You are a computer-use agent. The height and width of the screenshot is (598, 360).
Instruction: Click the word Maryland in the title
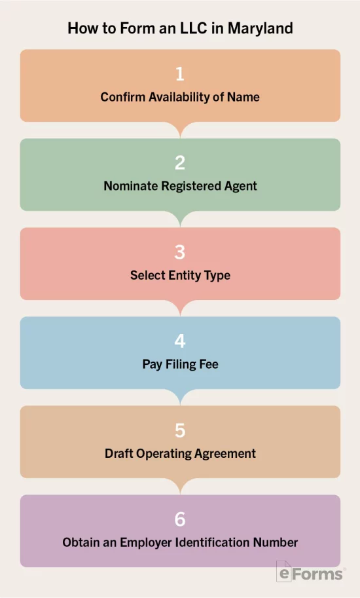click(261, 29)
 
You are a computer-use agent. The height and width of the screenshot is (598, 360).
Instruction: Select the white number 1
click(180, 73)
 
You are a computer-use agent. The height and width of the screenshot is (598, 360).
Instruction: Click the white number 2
click(180, 163)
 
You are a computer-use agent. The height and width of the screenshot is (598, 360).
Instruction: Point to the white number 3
click(180, 252)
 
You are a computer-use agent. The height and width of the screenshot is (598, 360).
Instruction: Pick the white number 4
click(180, 341)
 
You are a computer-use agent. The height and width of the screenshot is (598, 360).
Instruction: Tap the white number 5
click(180, 430)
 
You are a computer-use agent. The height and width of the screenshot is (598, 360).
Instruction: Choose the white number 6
click(180, 519)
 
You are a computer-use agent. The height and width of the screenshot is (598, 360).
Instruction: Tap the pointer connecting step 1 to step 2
click(180, 130)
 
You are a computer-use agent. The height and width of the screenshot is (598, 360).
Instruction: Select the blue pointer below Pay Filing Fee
click(180, 397)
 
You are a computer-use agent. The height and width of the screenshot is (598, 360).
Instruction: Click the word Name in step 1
click(243, 97)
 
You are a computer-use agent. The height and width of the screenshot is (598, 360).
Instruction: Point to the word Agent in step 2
click(240, 186)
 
